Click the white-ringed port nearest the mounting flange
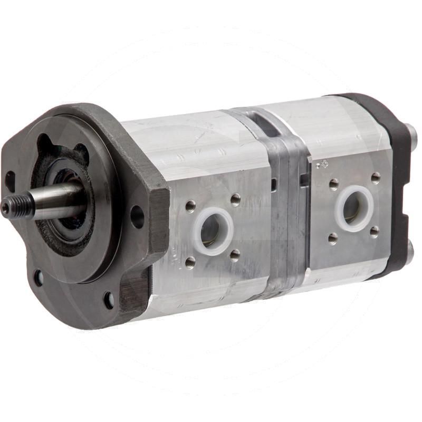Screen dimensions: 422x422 tap(213, 231)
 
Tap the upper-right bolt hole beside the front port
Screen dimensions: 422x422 tap(235, 199)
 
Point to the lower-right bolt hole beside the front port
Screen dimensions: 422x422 tap(235, 255)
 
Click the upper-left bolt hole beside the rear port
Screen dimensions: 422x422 tap(333, 184)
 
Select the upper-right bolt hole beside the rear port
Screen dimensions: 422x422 tap(375, 177)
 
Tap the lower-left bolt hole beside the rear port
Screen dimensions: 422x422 tap(333, 238)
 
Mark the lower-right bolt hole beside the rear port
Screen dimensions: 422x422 tap(375, 232)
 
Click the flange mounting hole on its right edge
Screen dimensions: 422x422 tap(137, 216)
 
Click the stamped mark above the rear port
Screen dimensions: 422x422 tap(320, 165)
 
